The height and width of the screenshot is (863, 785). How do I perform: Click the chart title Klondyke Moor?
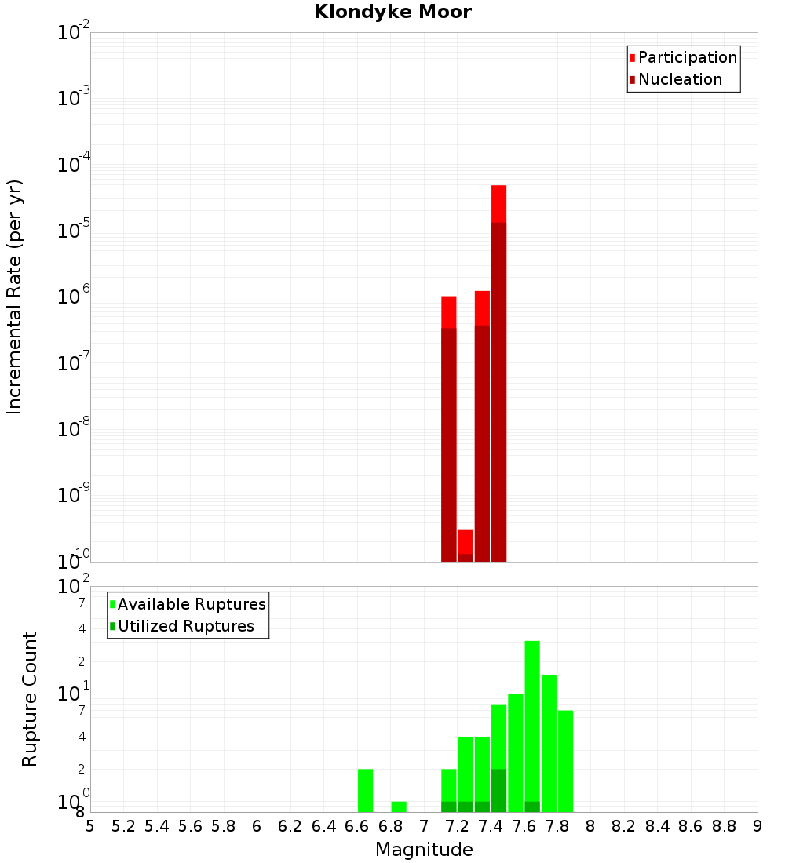pos(392,12)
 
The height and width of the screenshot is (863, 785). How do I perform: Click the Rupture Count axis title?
pos(30,699)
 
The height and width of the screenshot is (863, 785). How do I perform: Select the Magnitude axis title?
pos(424,850)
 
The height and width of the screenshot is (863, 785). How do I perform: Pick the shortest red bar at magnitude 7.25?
pos(466,545)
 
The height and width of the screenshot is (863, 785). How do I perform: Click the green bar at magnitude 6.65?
pos(365,790)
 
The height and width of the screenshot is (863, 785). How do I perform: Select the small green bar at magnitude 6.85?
pos(399,807)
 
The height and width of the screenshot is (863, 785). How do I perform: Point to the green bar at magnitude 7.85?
pos(565,761)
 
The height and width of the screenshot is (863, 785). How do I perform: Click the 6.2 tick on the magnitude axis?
pos(290,826)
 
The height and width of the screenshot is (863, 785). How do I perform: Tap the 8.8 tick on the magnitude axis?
pos(724,826)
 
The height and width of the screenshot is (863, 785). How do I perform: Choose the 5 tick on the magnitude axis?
pos(90,826)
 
